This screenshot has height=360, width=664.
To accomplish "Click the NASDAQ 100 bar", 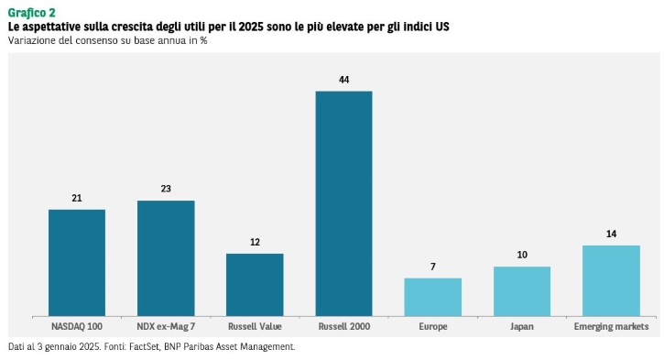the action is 77,263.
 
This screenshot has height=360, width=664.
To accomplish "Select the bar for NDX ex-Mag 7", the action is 166,258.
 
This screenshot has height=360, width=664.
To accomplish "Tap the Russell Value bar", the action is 255,285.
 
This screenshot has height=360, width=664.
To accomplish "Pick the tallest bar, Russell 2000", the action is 343,203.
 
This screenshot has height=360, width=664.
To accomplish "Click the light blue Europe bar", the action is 433,297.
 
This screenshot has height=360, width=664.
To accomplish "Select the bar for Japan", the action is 522,291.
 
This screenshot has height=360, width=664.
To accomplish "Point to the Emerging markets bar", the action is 611,280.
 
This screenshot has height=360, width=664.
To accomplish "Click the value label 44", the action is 343,80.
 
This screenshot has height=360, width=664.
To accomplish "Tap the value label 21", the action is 77,198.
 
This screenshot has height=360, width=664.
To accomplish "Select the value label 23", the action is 166,189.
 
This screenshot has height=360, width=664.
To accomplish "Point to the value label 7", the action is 433,267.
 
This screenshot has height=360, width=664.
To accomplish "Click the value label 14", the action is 611,234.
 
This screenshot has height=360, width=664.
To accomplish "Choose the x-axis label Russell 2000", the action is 343,326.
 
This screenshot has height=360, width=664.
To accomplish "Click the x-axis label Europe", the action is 433,326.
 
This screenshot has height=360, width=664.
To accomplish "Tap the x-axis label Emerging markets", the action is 611,326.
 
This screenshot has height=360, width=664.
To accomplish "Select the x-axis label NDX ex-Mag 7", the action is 166,326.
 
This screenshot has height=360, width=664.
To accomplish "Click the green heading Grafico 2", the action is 32,13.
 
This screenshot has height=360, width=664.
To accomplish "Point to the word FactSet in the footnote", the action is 144,346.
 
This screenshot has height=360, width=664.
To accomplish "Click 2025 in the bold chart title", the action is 251,27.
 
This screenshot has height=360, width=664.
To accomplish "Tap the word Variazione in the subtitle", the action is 27,40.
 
